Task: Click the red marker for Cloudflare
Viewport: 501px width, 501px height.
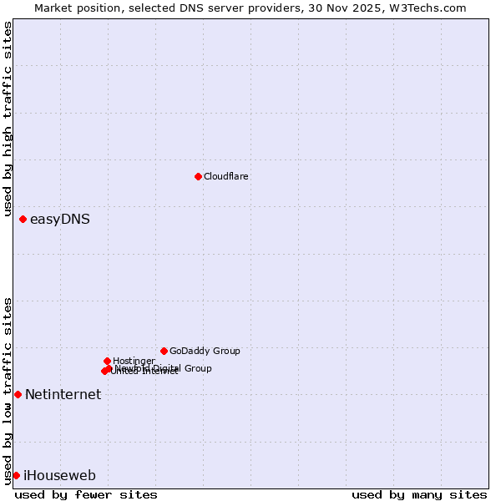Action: pos(198,176)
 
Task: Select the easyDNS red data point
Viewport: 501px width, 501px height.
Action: pos(23,220)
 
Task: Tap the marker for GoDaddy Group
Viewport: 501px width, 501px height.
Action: pos(164,351)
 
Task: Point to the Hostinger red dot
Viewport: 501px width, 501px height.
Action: pos(107,361)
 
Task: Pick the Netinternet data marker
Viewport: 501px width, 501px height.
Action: pos(18,394)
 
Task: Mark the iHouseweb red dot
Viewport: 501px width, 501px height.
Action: pos(16,475)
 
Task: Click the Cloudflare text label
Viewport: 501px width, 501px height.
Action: pos(226,176)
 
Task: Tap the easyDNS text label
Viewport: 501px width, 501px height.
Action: pos(60,220)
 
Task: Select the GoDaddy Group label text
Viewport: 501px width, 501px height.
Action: pos(205,351)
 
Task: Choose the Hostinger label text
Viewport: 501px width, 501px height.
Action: pos(134,361)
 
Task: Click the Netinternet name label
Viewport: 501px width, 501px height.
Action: pos(63,395)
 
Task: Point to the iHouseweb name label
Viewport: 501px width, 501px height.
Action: pos(59,476)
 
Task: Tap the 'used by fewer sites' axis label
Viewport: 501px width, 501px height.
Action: pos(86,494)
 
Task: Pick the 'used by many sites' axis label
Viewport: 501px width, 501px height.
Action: pos(419,494)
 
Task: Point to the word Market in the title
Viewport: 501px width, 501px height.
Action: pos(53,8)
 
